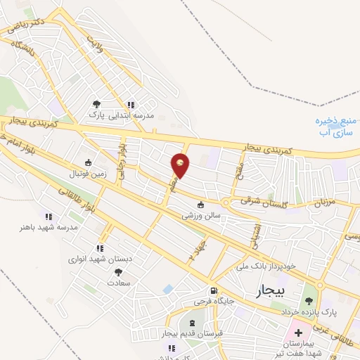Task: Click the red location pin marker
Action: [181, 165]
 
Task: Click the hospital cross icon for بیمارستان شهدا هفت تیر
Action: [298, 332]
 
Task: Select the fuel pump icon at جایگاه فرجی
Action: [212, 290]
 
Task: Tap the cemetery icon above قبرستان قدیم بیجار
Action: [192, 322]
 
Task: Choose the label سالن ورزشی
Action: [202, 217]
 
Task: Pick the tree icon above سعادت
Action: [118, 271]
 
